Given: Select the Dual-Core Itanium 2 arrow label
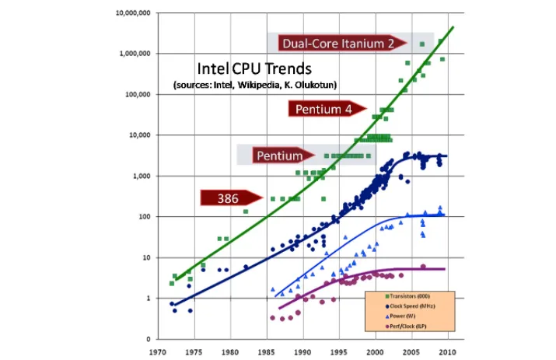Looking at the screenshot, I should point(338,44).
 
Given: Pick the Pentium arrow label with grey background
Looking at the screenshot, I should point(278,156).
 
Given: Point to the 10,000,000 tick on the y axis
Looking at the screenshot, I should point(134,13).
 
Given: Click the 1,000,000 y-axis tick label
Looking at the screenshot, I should point(136,54).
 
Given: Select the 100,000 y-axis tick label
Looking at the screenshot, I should point(139,94).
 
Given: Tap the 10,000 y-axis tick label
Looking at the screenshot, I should point(141,135).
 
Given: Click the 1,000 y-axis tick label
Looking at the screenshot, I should point(143,176).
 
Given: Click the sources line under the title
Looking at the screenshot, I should point(255,84).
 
